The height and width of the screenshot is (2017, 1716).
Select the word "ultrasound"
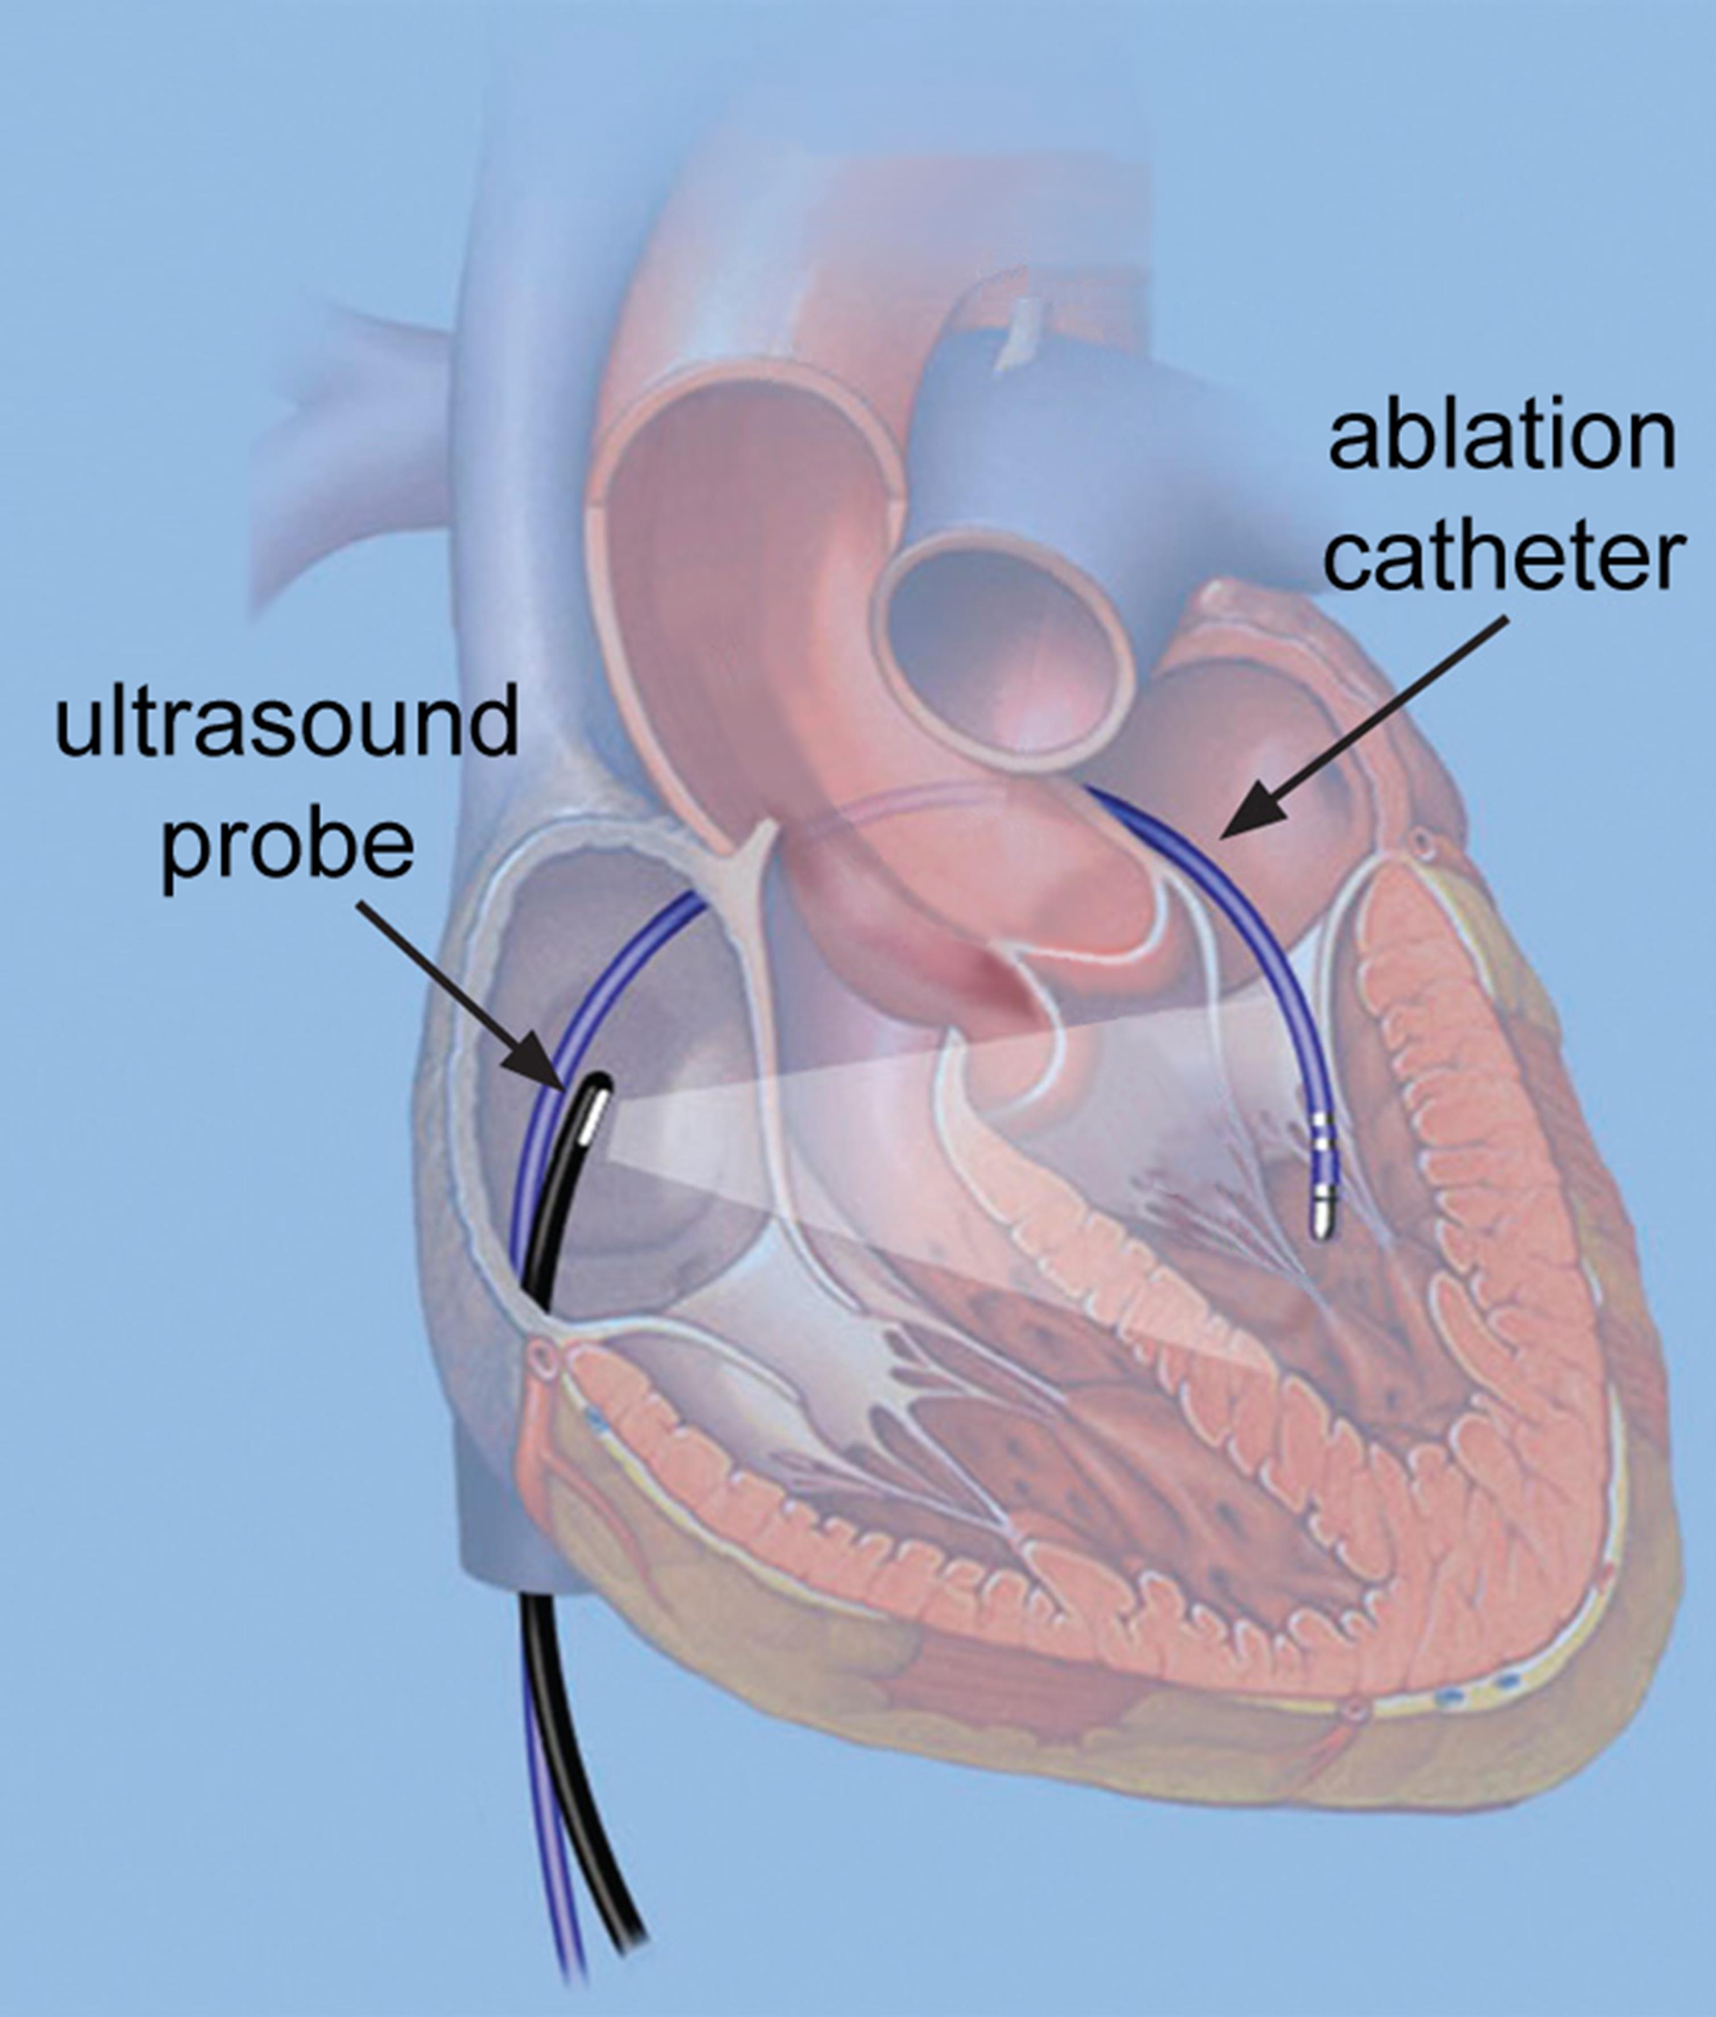(286, 721)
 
